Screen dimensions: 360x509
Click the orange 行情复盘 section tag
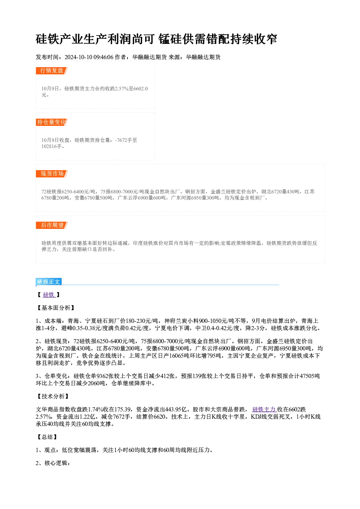[52, 71]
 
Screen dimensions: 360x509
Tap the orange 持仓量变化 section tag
[52, 122]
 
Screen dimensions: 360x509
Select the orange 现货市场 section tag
[52, 174]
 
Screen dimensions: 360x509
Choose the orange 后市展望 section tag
[52, 225]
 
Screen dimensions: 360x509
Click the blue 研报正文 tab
[49, 282]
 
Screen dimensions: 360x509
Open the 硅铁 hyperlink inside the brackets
[49, 295]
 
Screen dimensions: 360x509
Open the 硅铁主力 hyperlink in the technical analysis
[264, 410]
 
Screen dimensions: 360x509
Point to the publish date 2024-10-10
[78, 57]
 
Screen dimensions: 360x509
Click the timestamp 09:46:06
[103, 57]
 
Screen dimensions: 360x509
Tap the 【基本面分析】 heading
[56, 308]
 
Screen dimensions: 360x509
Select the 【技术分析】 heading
[53, 397]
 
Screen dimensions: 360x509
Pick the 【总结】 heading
[47, 437]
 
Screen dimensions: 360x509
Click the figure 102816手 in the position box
[52, 147]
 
